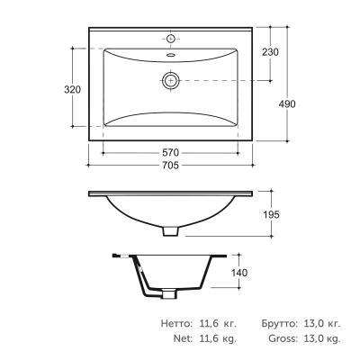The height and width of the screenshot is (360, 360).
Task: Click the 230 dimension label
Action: pyautogui.click(x=270, y=52)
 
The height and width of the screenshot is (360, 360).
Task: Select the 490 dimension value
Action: pyautogui.click(x=287, y=104)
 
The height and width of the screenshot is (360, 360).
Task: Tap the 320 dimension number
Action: pyautogui.click(x=73, y=89)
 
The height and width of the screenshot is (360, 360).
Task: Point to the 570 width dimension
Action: pyautogui.click(x=170, y=153)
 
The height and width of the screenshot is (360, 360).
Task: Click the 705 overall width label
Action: pyautogui.click(x=170, y=165)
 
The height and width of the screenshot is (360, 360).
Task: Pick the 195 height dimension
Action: pyautogui.click(x=271, y=214)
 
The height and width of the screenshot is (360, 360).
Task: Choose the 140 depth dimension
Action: pyautogui.click(x=239, y=273)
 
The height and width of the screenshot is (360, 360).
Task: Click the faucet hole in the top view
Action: pyautogui.click(x=171, y=39)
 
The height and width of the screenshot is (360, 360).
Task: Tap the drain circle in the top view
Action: pyautogui.click(x=171, y=80)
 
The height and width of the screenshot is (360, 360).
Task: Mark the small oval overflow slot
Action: pyautogui.click(x=171, y=55)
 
